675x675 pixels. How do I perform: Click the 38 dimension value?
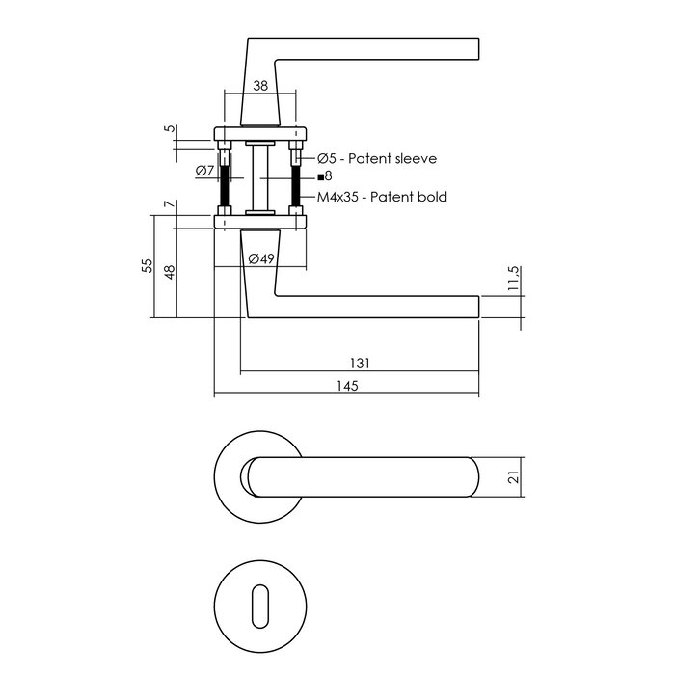(260, 85)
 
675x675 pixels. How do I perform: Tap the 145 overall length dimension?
(347, 386)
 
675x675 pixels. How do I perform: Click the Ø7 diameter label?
(203, 171)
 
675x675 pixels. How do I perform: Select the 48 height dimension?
(170, 272)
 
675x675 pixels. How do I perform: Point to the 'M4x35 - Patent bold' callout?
(382, 197)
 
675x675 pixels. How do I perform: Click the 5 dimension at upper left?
(170, 128)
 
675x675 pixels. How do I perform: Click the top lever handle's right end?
(477, 49)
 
